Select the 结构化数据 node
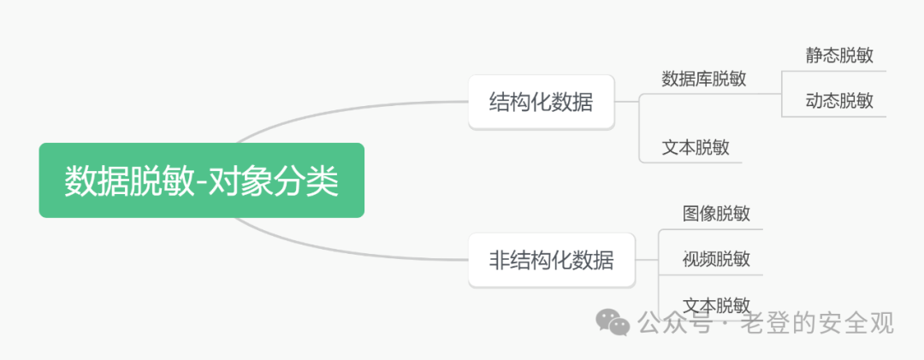pyautogui.click(x=541, y=103)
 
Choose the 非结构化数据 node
pyautogui.click(x=551, y=260)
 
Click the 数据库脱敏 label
pyautogui.click(x=703, y=79)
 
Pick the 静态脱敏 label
pyautogui.click(x=838, y=56)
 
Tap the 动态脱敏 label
pyautogui.click(x=838, y=101)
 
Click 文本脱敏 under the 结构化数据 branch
pyautogui.click(x=695, y=147)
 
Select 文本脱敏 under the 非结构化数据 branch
pyautogui.click(x=716, y=304)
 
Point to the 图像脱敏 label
pyautogui.click(x=716, y=213)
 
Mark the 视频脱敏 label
pyautogui.click(x=716, y=259)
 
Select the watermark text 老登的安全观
pyautogui.click(x=821, y=322)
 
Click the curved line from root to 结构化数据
pyautogui.click(x=342, y=109)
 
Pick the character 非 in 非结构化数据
pyautogui.click(x=500, y=260)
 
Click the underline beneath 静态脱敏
pyautogui.click(x=834, y=71)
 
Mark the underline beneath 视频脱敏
pyautogui.click(x=710, y=274)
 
